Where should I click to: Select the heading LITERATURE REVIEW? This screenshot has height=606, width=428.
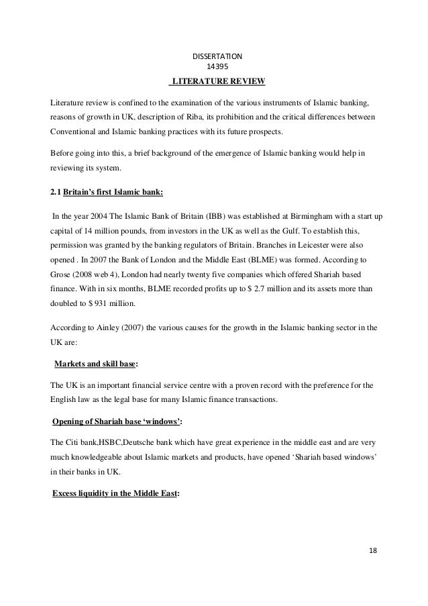(x=219, y=82)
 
